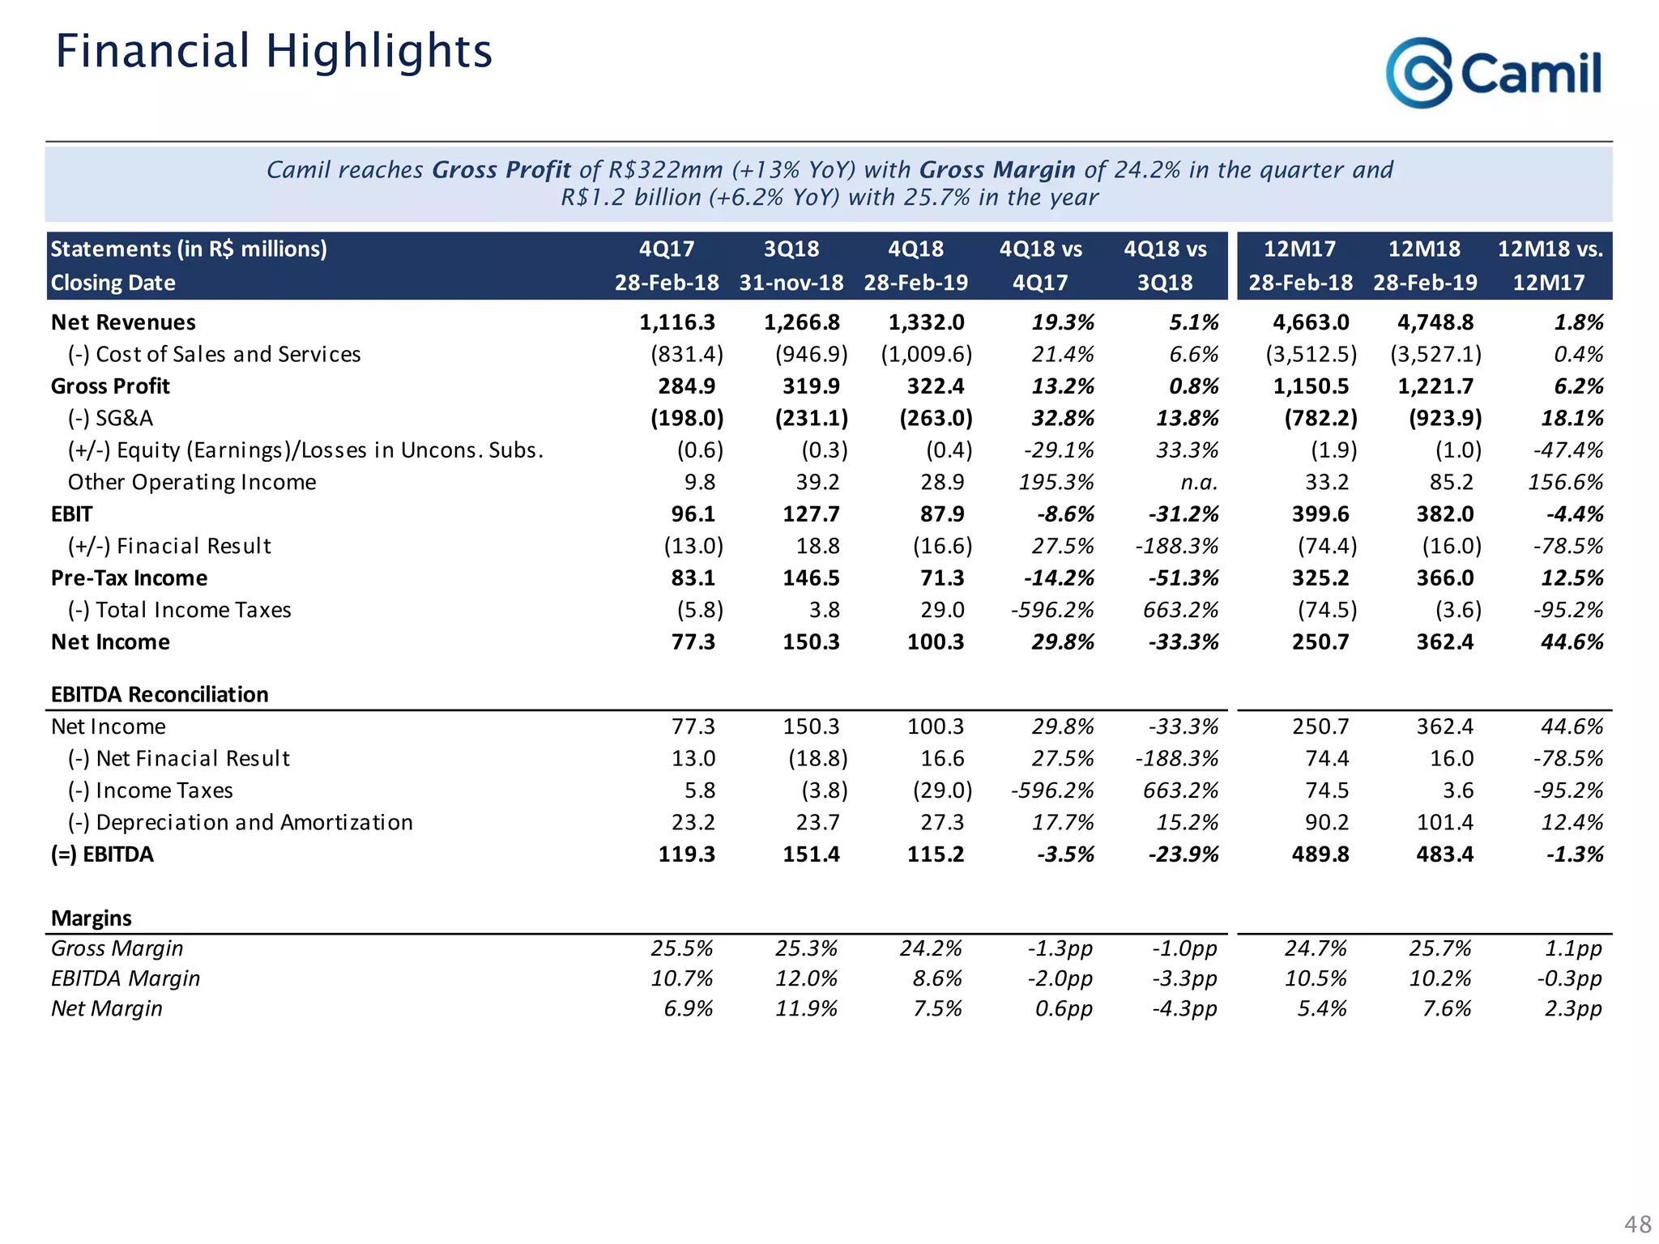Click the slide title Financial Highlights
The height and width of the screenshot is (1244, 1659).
[x=274, y=51]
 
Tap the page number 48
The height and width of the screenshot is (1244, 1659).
[x=1637, y=1224]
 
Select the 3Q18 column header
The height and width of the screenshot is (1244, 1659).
[x=791, y=249]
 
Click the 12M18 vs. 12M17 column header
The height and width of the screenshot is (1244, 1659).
[x=1550, y=266]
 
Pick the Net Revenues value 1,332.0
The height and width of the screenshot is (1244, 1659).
[x=926, y=322]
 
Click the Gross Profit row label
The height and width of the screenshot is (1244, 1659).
[x=110, y=386]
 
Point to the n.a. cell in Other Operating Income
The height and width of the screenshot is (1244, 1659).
[x=1199, y=482]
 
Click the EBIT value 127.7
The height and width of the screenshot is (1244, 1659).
[x=811, y=514]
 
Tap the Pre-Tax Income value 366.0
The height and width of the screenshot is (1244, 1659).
[x=1445, y=578]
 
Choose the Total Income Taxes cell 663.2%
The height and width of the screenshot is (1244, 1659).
[x=1180, y=610]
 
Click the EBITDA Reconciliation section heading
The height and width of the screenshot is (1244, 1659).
[x=160, y=694]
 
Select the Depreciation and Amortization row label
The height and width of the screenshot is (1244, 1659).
[x=240, y=822]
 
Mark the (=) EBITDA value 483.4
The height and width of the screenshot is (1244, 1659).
[x=1445, y=854]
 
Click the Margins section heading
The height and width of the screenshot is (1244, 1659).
[x=92, y=918]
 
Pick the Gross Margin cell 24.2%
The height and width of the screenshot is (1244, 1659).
[x=931, y=948]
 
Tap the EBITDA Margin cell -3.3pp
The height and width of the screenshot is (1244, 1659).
[x=1184, y=978]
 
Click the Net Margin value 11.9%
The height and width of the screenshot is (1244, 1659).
[x=806, y=1008]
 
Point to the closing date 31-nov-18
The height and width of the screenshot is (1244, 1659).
[x=791, y=283]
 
